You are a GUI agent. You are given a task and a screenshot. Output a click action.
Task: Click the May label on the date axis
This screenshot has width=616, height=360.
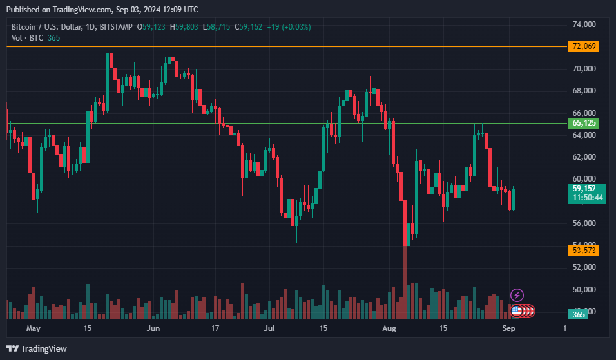(34, 328)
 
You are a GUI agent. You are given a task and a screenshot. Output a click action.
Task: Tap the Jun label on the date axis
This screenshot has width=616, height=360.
(153, 328)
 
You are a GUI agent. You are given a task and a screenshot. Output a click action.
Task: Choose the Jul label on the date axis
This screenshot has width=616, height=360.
(270, 328)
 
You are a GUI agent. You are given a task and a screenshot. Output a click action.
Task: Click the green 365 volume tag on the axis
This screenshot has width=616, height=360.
(578, 314)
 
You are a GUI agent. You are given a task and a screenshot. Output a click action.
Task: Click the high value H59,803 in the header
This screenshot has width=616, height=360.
(185, 27)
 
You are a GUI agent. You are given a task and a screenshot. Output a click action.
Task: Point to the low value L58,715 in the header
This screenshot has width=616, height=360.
(217, 27)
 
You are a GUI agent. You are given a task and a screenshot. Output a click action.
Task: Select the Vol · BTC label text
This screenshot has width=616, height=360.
(27, 38)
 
